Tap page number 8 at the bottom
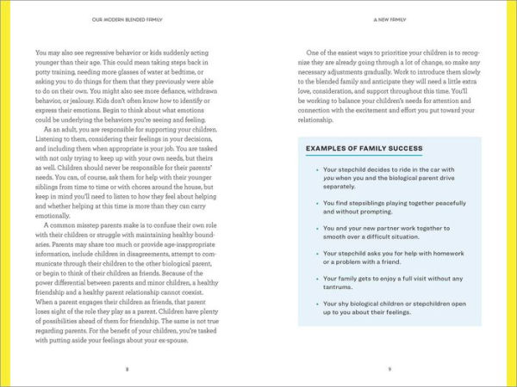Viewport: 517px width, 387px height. click(128, 369)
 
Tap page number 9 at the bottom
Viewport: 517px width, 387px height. click(389, 369)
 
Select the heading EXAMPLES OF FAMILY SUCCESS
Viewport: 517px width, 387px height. click(364, 149)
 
